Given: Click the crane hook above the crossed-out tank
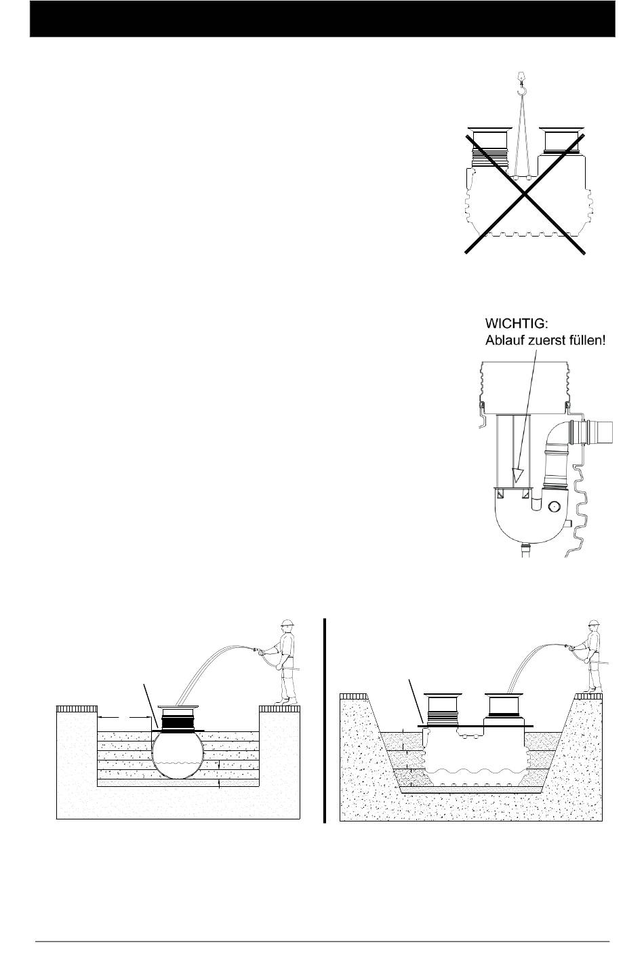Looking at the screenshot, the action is coord(521,86).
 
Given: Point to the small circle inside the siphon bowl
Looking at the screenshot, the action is coord(555,505).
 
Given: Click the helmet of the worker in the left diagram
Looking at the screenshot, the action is coord(287,624).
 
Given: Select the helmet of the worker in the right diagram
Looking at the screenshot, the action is coord(595,624).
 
